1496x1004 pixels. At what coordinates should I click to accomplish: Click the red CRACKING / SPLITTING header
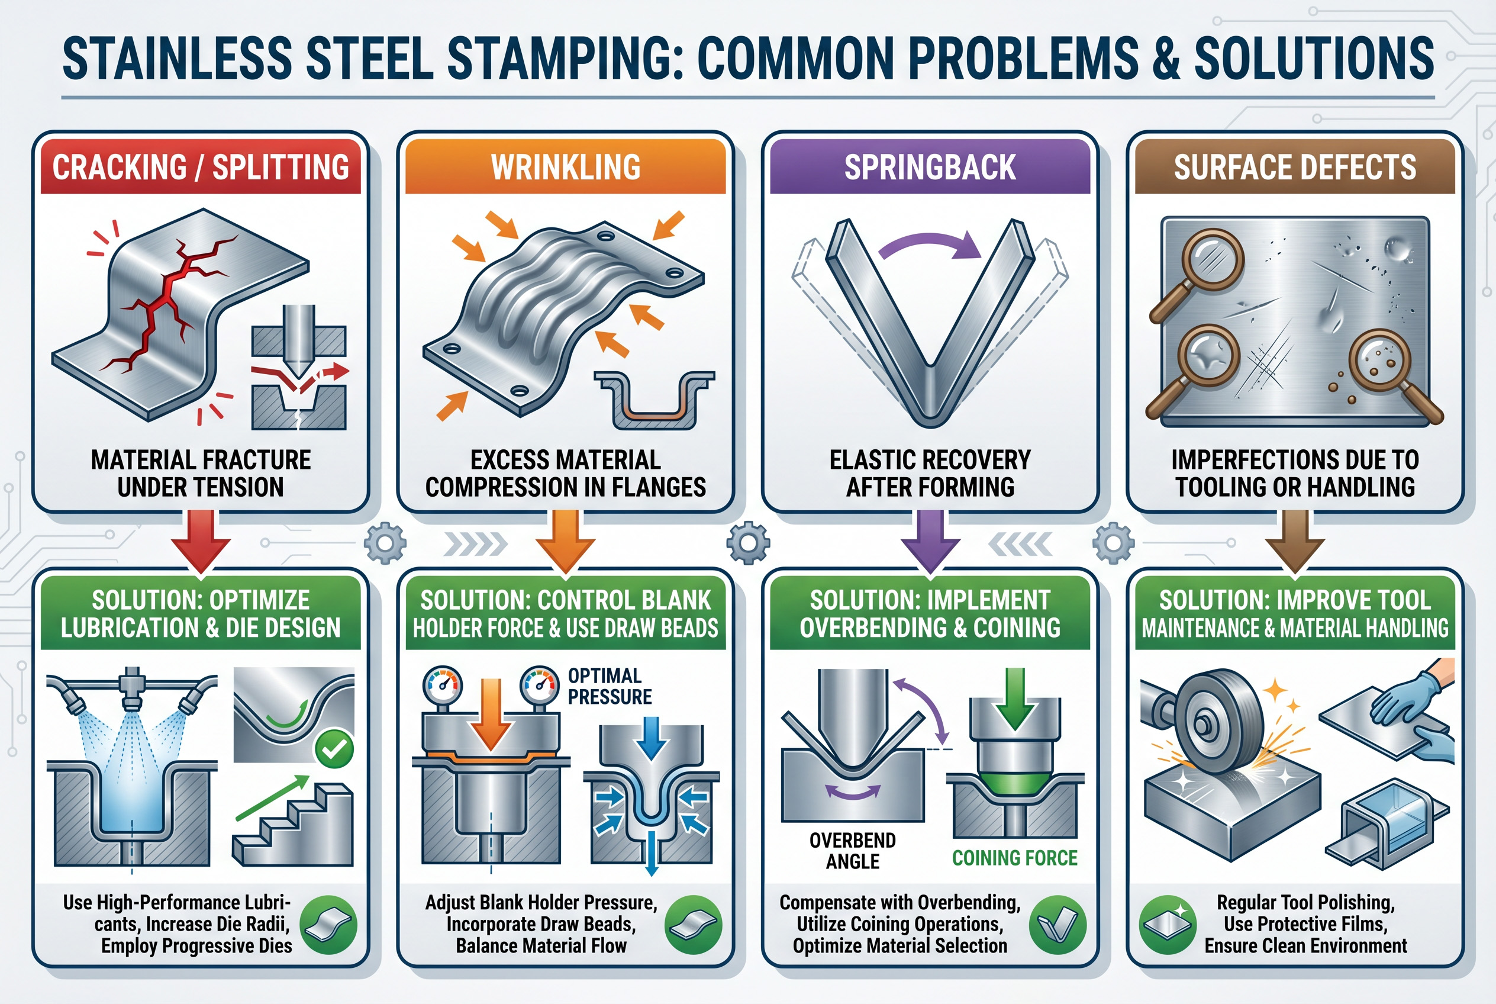click(201, 166)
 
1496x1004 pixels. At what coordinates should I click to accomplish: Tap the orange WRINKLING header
click(565, 166)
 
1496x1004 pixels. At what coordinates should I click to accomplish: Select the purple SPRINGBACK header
click(930, 166)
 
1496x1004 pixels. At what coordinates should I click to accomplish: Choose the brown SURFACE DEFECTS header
click(1294, 166)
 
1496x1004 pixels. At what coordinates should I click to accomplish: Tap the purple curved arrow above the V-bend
click(930, 246)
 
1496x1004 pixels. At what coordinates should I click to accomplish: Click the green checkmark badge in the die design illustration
click(334, 748)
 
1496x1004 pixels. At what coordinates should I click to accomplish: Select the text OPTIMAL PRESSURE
click(610, 686)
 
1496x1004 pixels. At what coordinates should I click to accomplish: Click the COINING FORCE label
click(1015, 858)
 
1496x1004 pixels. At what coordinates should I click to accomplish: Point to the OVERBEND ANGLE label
click(853, 850)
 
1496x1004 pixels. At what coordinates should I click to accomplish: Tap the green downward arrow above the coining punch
click(1015, 699)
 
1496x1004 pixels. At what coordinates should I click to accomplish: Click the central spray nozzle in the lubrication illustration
click(133, 688)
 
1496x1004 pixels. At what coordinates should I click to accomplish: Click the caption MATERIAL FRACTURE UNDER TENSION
click(201, 473)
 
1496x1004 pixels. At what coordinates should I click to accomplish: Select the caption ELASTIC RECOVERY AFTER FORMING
click(930, 473)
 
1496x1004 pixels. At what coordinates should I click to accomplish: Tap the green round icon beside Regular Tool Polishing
click(1168, 925)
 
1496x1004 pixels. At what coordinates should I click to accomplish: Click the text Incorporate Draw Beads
click(541, 924)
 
